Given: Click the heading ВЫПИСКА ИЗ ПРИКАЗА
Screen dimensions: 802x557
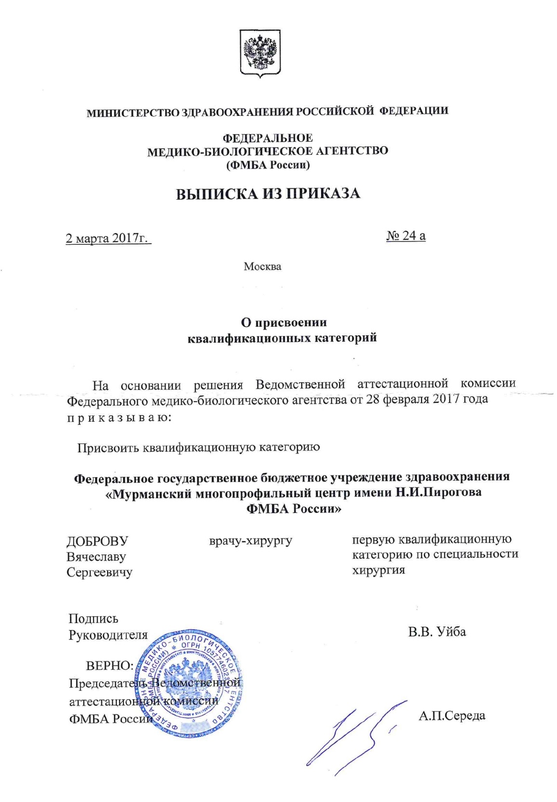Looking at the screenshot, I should click(268, 194).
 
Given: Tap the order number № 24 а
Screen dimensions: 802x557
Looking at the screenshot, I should click(406, 235).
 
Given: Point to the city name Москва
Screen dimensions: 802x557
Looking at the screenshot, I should click(262, 266).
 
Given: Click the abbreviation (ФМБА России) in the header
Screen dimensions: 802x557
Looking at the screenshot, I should click(268, 165).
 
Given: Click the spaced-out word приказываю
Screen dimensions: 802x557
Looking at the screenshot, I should click(118, 416).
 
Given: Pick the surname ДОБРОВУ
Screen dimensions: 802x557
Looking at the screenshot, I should click(97, 541).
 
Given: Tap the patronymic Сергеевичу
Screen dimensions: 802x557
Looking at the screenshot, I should click(99, 572).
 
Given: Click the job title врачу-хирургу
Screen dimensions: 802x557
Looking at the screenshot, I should click(250, 540).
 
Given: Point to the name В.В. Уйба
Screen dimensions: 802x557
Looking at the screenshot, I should click(436, 632).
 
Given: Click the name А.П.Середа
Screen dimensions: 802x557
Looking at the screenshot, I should click(452, 716).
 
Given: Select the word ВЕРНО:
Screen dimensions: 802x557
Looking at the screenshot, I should click(109, 666).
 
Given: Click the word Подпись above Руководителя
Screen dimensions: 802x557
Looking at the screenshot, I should click(93, 619).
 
